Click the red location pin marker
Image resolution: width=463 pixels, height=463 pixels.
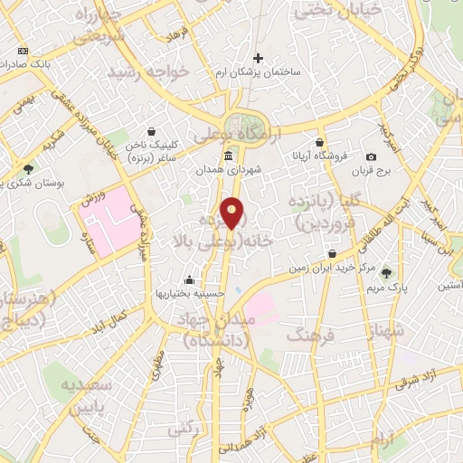pos(232,213)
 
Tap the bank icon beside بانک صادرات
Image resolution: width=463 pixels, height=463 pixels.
pos(23,51)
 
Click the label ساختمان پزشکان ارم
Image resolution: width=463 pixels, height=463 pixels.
pos(258,71)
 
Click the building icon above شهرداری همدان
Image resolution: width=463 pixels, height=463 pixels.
pos(226,156)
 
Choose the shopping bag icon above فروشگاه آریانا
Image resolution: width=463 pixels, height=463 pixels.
pos(320,143)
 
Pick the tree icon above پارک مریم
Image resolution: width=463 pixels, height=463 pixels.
pos(388,272)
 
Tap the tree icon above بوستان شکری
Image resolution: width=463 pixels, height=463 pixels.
pos(29,168)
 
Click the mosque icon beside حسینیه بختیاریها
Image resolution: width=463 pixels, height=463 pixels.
pos(187,279)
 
